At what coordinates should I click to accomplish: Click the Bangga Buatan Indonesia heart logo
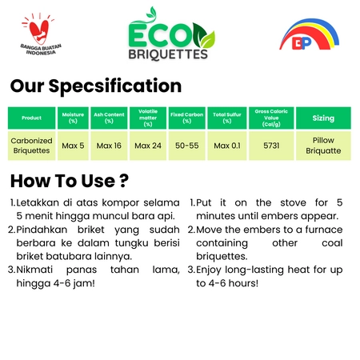[x=41, y=34]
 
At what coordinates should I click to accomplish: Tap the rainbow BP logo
[x=310, y=34]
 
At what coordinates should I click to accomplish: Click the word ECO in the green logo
[x=160, y=35]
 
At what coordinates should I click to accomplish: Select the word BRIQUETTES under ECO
[x=168, y=54]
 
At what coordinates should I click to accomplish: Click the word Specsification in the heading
[x=115, y=86]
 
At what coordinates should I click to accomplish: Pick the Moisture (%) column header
[x=73, y=118]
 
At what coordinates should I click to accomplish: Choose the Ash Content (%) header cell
[x=109, y=118]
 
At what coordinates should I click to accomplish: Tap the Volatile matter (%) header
[x=148, y=118]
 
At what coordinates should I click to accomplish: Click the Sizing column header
[x=323, y=118]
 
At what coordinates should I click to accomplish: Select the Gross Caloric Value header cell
[x=271, y=118]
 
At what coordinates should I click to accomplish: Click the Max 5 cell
[x=73, y=146]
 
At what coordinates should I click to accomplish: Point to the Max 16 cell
[x=109, y=146]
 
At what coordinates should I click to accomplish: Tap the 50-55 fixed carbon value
[x=187, y=146]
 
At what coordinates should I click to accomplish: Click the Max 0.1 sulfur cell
[x=227, y=146]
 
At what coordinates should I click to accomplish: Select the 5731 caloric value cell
[x=271, y=146]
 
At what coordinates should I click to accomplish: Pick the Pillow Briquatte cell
[x=323, y=146]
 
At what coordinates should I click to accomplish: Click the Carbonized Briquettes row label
[x=31, y=146]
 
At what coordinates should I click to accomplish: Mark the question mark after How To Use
[x=124, y=181]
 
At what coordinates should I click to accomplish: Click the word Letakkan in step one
[x=38, y=202]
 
